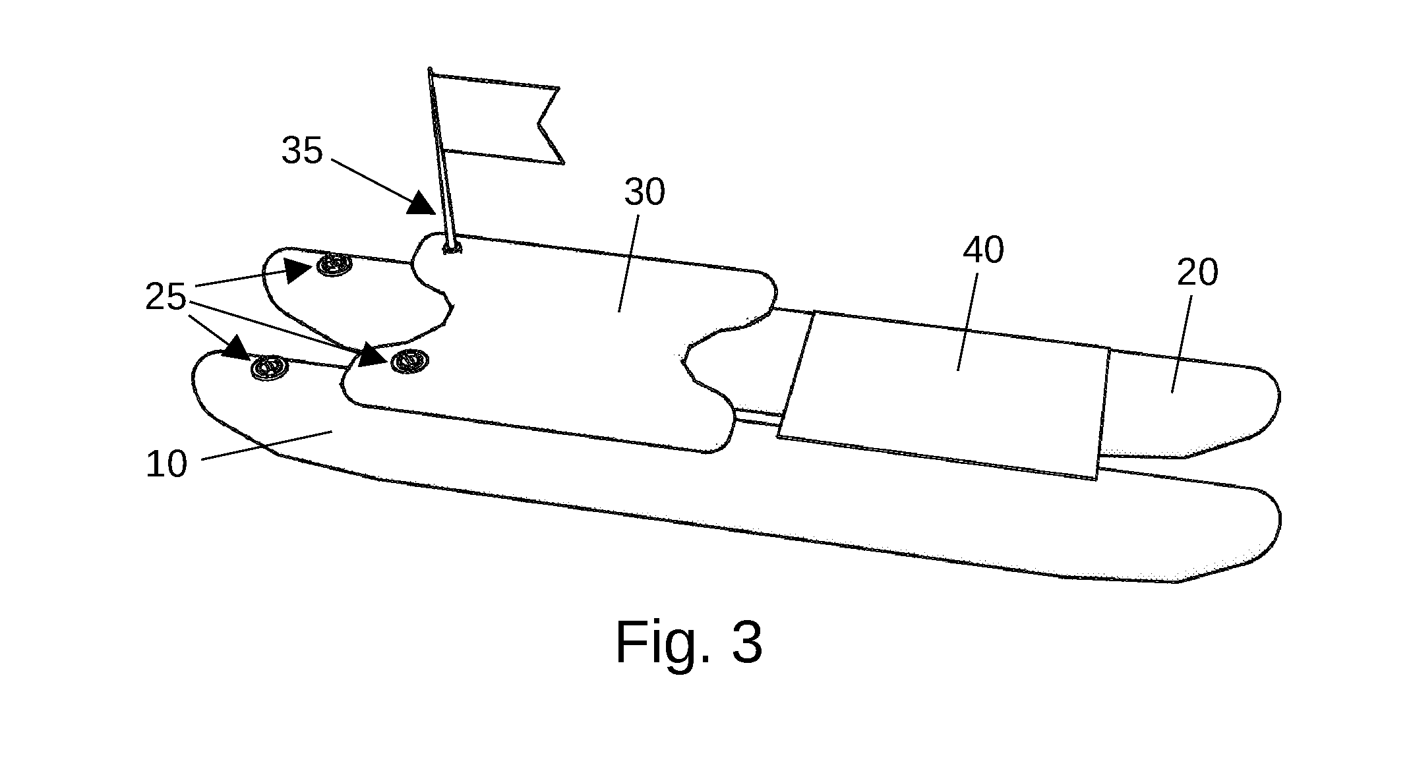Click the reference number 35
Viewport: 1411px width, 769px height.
coord(302,150)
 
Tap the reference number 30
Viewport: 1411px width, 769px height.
coord(644,192)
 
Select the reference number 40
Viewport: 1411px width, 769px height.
coord(983,250)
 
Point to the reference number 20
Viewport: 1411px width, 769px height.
coord(1197,272)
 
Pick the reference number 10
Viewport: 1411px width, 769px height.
coord(166,465)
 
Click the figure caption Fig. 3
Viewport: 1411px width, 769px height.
coord(689,642)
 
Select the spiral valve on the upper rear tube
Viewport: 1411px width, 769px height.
coord(334,265)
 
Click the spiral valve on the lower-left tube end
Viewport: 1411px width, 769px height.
coord(268,366)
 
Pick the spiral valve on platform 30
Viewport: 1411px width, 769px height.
coord(409,360)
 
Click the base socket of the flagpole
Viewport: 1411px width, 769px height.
coord(452,248)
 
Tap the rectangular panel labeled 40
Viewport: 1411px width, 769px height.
coord(944,395)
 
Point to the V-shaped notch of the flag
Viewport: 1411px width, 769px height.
coord(539,123)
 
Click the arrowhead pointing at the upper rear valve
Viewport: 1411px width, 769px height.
coord(299,270)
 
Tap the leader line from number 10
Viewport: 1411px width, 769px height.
coord(266,445)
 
